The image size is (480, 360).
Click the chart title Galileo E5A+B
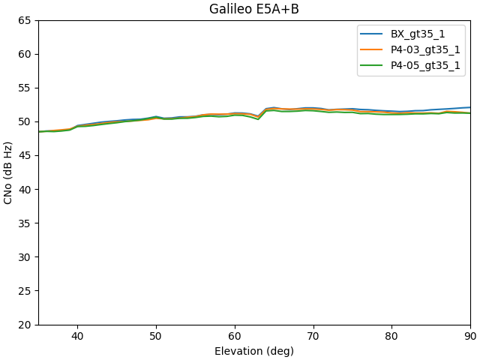(x=253, y=10)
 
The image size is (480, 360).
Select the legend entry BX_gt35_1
(x=416, y=34)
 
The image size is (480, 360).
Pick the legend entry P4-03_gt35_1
(x=425, y=49)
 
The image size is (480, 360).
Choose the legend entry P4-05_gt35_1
(x=425, y=65)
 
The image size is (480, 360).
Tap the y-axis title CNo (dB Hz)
(x=9, y=172)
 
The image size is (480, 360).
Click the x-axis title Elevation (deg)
(x=253, y=351)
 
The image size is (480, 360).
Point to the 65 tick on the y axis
(x=25, y=20)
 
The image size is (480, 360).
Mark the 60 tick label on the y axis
(x=25, y=54)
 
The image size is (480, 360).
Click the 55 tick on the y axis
(x=25, y=88)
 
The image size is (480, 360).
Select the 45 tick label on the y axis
(x=25, y=155)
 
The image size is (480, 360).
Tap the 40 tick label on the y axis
(x=25, y=189)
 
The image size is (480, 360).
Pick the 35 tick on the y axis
(x=25, y=223)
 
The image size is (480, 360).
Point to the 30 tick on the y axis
(x=25, y=256)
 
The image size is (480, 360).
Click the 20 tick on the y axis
(x=25, y=324)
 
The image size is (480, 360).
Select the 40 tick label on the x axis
(x=77, y=337)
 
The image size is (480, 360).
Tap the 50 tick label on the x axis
(x=156, y=337)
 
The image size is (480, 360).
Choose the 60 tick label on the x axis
(x=235, y=337)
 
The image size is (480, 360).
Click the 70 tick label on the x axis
(x=313, y=337)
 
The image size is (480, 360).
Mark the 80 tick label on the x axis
(x=391, y=337)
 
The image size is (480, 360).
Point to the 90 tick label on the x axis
(x=469, y=337)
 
